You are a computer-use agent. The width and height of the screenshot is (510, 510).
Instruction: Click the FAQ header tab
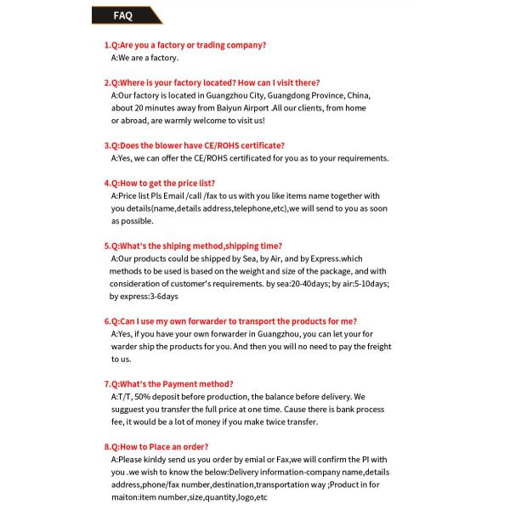123,15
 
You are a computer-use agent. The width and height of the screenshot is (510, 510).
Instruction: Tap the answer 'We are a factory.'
144,58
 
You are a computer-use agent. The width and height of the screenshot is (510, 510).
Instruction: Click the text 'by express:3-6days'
144,297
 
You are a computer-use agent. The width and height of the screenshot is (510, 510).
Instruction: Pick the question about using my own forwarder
230,321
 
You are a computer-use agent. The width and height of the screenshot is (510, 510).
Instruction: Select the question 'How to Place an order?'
156,447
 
